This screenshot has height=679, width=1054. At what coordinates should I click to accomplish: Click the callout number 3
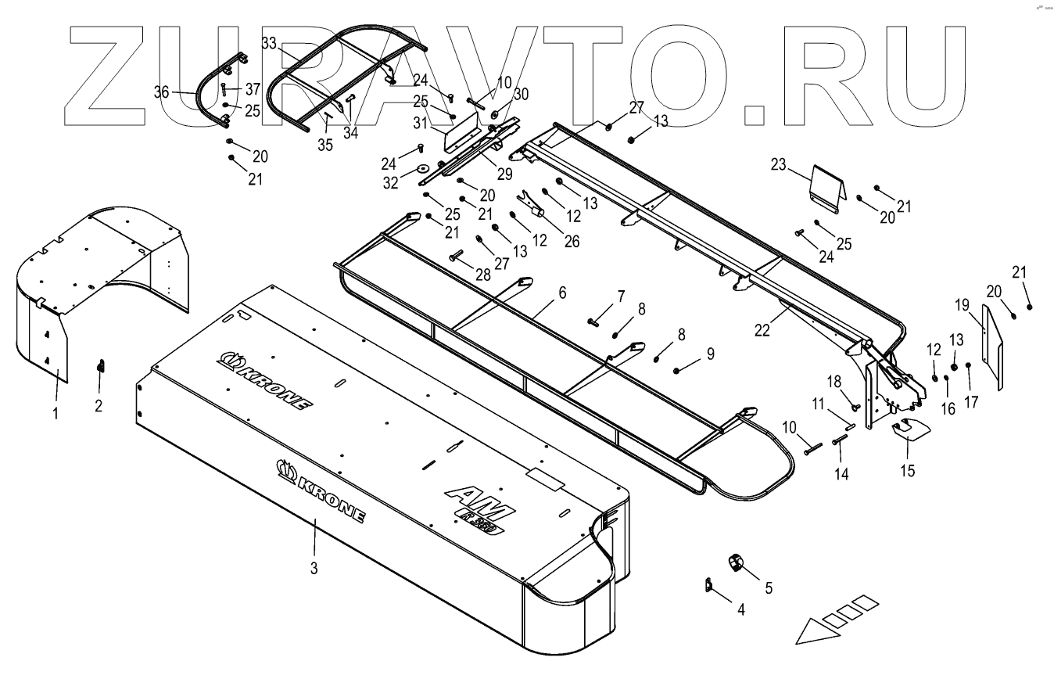pyautogui.click(x=314, y=569)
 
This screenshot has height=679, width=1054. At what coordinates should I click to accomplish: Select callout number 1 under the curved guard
pyautogui.click(x=56, y=412)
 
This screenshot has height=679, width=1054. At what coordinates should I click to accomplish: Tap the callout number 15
pyautogui.click(x=907, y=471)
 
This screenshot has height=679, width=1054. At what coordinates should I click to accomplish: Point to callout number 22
pyautogui.click(x=762, y=330)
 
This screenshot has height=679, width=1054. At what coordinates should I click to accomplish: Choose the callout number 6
pyautogui.click(x=561, y=293)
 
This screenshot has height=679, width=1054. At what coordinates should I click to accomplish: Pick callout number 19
pyautogui.click(x=961, y=304)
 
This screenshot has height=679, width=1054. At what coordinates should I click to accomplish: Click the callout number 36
pyautogui.click(x=162, y=92)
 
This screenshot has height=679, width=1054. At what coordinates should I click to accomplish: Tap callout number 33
pyautogui.click(x=268, y=44)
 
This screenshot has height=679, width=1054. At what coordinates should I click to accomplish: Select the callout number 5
pyautogui.click(x=768, y=587)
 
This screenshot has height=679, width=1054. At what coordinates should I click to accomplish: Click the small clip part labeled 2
pyautogui.click(x=100, y=366)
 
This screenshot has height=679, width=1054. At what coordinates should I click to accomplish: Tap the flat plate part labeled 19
pyautogui.click(x=991, y=346)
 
